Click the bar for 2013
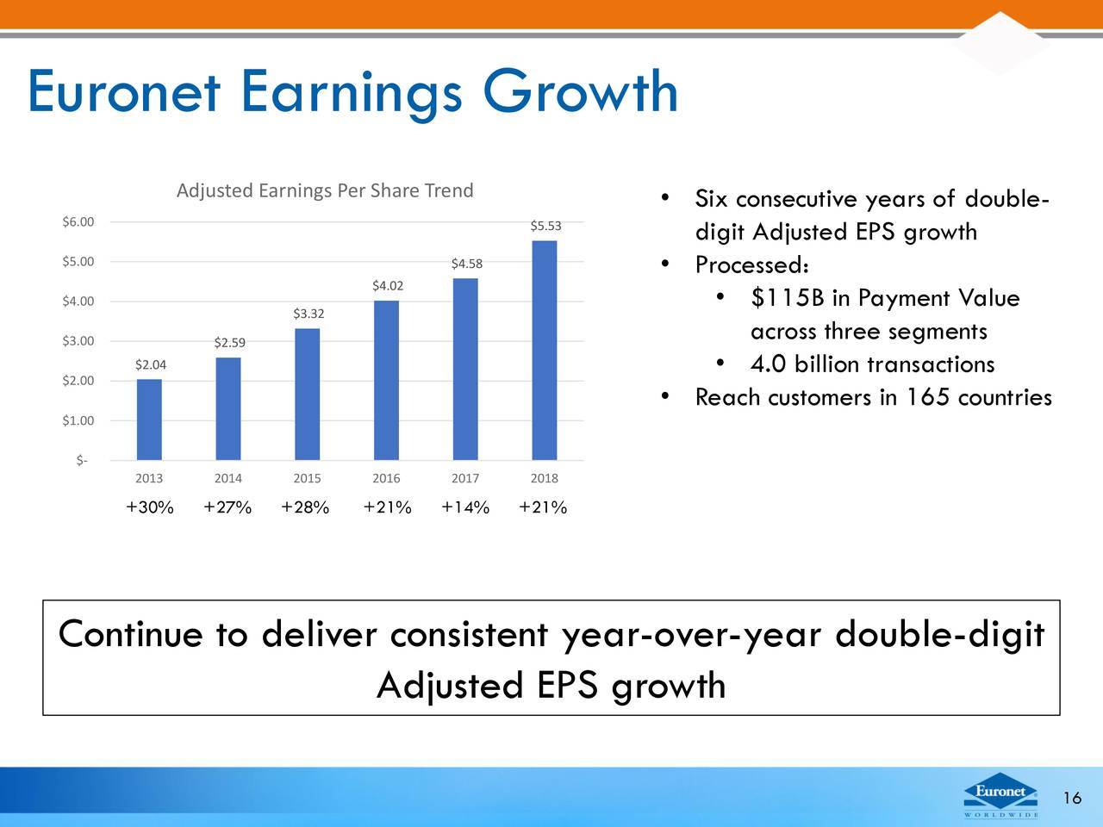pos(149,420)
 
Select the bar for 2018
pos(545,350)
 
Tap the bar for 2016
pos(386,380)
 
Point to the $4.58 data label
pos(466,264)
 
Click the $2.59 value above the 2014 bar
pos(229,343)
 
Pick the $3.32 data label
pos(308,314)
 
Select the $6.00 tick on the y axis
pos(78,222)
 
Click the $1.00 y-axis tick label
pos(78,420)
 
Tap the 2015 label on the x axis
pos(307,478)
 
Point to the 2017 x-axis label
pos(465,478)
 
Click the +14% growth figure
pos(465,507)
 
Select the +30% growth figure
pos(150,507)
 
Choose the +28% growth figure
pos(305,507)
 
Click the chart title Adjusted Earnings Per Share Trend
pos(325,190)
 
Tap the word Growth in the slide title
pos(580,91)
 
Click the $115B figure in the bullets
pos(788,298)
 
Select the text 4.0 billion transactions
pos(872,364)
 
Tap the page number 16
pos(1072,798)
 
